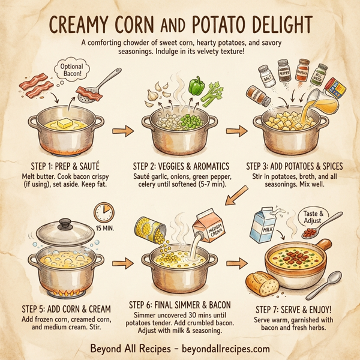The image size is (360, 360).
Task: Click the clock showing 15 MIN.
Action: pos(104,214)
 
